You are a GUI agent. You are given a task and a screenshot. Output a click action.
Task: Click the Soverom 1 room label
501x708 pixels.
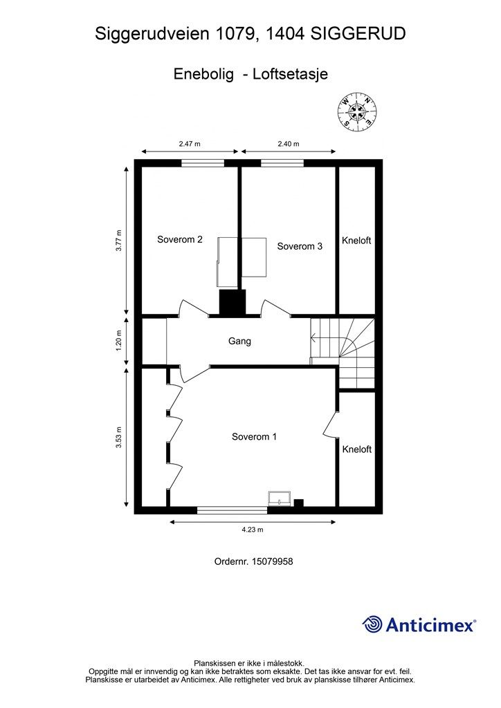pos(254,437)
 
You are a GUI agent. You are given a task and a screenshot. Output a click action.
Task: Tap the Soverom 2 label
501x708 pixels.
pos(180,240)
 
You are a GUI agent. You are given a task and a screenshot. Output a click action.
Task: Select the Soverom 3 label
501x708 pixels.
pos(300,246)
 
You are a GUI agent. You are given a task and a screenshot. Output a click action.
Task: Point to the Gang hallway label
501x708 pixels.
pos(239,341)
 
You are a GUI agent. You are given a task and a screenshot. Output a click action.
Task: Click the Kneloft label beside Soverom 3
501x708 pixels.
pos(356,241)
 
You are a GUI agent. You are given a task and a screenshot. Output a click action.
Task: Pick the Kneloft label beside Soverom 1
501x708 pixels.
pos(357,449)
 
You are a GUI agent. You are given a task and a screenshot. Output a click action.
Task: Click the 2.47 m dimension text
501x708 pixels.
pos(190,144)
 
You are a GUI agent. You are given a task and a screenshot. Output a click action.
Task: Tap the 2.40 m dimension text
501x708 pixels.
pos(288,144)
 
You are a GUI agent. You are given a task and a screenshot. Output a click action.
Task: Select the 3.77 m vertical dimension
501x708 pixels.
pos(119,240)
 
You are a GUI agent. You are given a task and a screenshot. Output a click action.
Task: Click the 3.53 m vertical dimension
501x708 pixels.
pos(119,438)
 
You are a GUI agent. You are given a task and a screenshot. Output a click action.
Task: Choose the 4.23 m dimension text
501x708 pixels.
pos(253,530)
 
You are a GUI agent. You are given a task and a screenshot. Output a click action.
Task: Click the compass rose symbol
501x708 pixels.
pos(356,111)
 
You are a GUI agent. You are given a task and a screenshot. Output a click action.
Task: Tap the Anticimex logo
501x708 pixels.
pos(419,624)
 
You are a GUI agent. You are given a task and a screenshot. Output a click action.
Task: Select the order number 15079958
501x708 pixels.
pos(254,562)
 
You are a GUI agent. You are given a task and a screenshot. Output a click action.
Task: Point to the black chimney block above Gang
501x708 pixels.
pos(232,301)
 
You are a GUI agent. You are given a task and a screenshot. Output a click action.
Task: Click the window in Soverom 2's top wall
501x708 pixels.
pos(203,163)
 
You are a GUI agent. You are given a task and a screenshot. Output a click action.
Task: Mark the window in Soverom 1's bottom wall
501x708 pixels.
pos(232,511)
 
